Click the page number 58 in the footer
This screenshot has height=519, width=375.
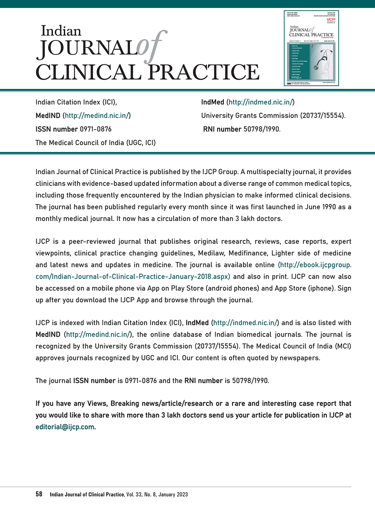coord(39,494)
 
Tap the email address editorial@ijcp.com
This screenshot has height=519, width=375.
coord(66,427)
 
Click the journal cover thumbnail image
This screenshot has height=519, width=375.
coord(311,48)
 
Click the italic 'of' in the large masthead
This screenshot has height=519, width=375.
coord(152,47)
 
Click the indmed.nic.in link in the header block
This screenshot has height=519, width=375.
coord(261,102)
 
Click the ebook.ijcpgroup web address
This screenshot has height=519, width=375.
coord(314,265)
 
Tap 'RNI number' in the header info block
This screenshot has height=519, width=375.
coord(222,129)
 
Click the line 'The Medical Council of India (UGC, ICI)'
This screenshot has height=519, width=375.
coord(95,143)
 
